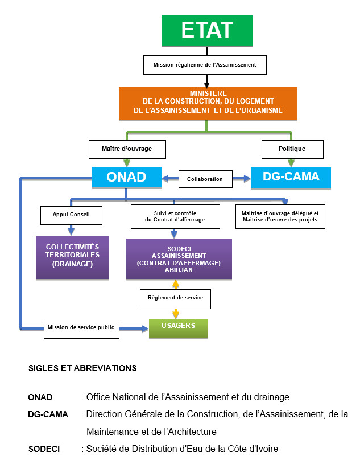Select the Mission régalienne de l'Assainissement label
(x=205, y=65)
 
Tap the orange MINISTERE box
(x=208, y=102)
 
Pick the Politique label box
(x=292, y=149)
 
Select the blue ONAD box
(x=127, y=177)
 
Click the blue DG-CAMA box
(x=291, y=177)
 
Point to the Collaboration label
(x=205, y=179)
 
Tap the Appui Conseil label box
(x=71, y=215)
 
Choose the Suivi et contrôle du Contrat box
(x=174, y=216)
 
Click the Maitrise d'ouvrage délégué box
(x=280, y=216)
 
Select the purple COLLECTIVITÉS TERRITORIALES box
(x=72, y=257)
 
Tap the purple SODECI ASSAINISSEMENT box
(x=179, y=258)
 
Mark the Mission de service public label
(x=82, y=328)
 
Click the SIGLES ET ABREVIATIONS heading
(x=82, y=368)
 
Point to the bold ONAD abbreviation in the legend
(x=40, y=397)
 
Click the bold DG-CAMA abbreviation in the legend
(x=48, y=414)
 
